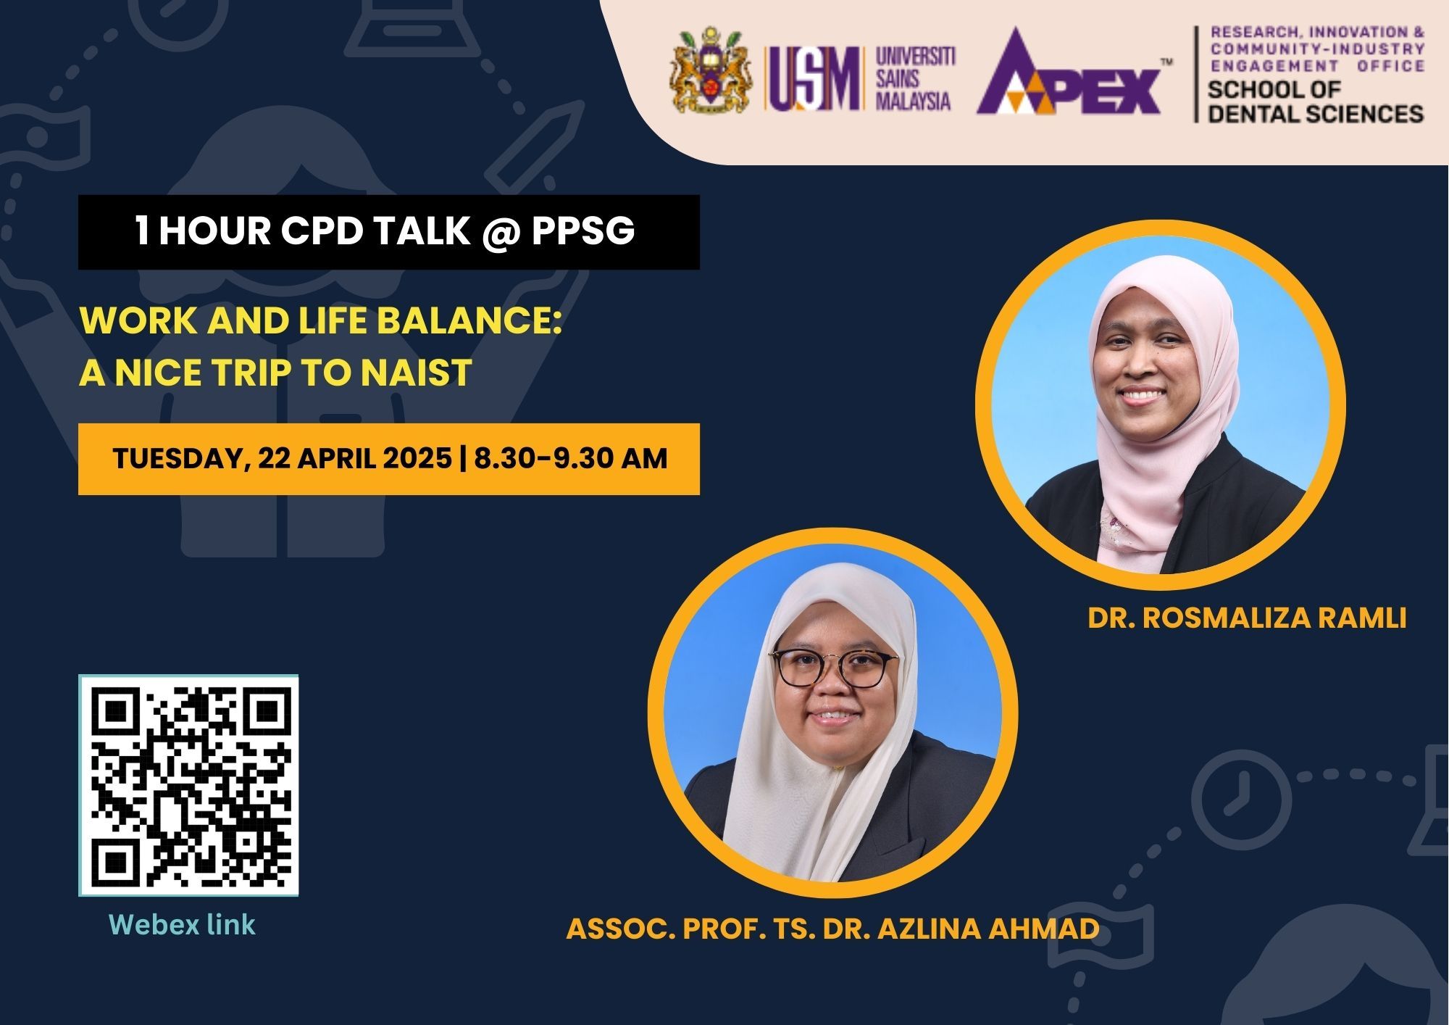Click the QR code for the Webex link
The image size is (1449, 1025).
[188, 785]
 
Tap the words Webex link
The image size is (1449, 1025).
[182, 925]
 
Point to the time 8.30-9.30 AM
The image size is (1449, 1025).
[570, 459]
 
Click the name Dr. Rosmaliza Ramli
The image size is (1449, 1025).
[1247, 618]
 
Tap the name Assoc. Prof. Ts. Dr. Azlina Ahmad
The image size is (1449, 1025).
[833, 929]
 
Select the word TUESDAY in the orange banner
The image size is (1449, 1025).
[176, 460]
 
